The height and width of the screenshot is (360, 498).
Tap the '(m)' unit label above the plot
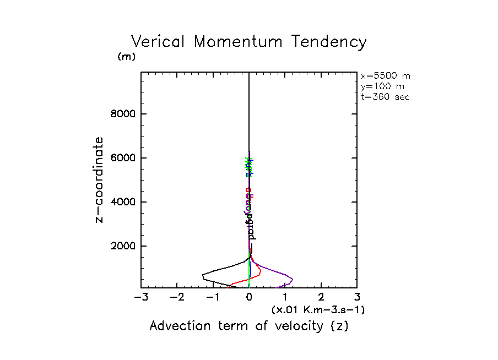[x=126, y=57]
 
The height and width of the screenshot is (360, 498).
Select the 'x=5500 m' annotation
[x=385, y=76]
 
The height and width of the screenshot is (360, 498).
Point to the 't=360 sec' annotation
[x=385, y=97]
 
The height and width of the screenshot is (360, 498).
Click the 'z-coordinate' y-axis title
[x=100, y=179]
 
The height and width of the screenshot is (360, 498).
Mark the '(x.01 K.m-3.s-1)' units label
[x=318, y=310]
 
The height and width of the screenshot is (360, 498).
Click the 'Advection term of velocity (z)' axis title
[x=249, y=326]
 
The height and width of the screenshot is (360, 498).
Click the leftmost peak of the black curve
[x=202, y=275]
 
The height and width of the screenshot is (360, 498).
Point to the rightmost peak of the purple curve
[x=293, y=279]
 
